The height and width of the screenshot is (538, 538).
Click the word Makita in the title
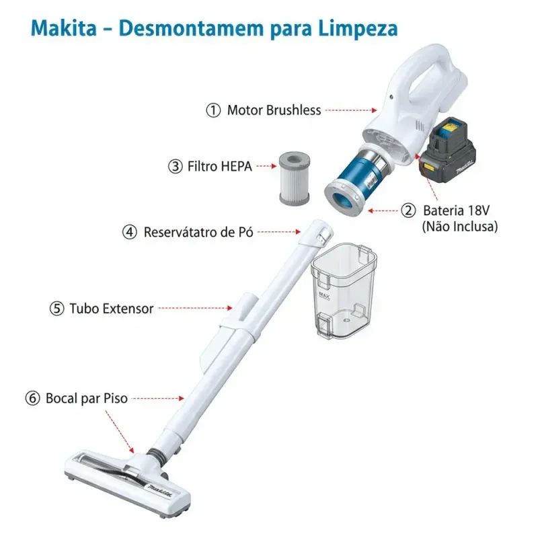click(x=64, y=28)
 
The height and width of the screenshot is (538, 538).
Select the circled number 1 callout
click(x=213, y=110)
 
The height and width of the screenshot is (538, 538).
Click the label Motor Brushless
click(x=274, y=110)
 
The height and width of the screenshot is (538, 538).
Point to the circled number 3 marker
click(x=176, y=166)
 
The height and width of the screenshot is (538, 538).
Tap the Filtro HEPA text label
click(x=220, y=166)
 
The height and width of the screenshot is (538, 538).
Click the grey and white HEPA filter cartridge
click(x=295, y=179)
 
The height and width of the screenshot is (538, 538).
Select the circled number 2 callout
click(x=408, y=210)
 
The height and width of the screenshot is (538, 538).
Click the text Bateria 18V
click(x=457, y=210)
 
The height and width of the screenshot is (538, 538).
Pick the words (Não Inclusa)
click(x=460, y=227)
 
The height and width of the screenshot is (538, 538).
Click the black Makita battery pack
click(x=449, y=150)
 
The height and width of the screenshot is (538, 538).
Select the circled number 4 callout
click(x=130, y=232)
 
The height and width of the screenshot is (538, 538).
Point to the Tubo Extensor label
click(x=112, y=309)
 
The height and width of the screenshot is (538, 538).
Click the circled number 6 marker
click(x=32, y=398)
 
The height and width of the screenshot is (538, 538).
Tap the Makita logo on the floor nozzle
click(x=160, y=490)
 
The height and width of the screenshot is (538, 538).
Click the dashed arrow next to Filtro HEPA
click(x=266, y=166)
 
